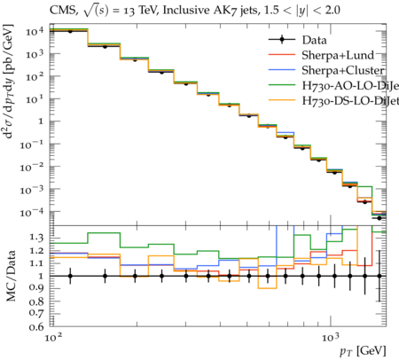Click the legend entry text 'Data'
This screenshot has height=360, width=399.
click(x=314, y=40)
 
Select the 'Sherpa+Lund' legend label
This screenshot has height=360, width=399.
click(x=338, y=55)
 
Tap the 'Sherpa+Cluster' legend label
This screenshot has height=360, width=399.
click(x=343, y=70)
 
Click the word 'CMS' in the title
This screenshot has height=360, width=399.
click(x=63, y=11)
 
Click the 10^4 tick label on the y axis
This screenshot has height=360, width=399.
click(x=35, y=31)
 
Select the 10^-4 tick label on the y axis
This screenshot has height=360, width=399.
click(x=32, y=212)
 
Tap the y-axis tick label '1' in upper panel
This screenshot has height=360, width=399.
click(x=41, y=121)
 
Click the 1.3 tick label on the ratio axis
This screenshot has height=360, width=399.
click(x=36, y=238)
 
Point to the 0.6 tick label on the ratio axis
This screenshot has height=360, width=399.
click(x=36, y=326)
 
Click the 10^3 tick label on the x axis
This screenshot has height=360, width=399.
click(x=331, y=337)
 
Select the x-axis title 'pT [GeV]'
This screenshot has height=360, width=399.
click(x=363, y=351)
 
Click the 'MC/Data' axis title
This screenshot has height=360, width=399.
click(x=11, y=276)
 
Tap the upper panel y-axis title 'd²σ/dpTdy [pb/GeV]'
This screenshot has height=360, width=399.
click(x=9, y=82)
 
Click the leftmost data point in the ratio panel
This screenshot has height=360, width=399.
click(x=70, y=276)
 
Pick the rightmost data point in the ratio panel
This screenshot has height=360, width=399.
click(x=379, y=276)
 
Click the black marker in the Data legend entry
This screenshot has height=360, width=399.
click(x=282, y=40)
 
